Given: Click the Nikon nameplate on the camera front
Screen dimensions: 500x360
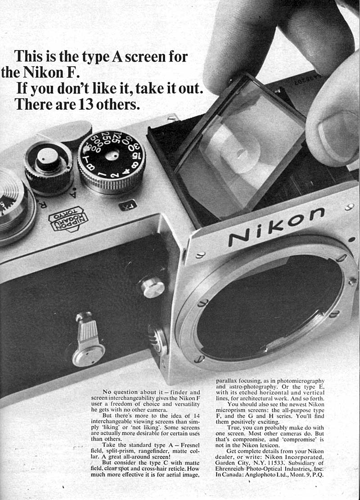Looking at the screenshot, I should click(275, 227).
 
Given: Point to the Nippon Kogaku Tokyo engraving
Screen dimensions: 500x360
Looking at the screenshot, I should click(67, 218).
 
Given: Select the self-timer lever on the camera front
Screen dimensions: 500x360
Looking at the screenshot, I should click(87, 339).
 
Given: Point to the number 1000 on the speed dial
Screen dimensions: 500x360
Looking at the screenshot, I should click(95, 148).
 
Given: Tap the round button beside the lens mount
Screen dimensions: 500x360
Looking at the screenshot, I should click(153, 287).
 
